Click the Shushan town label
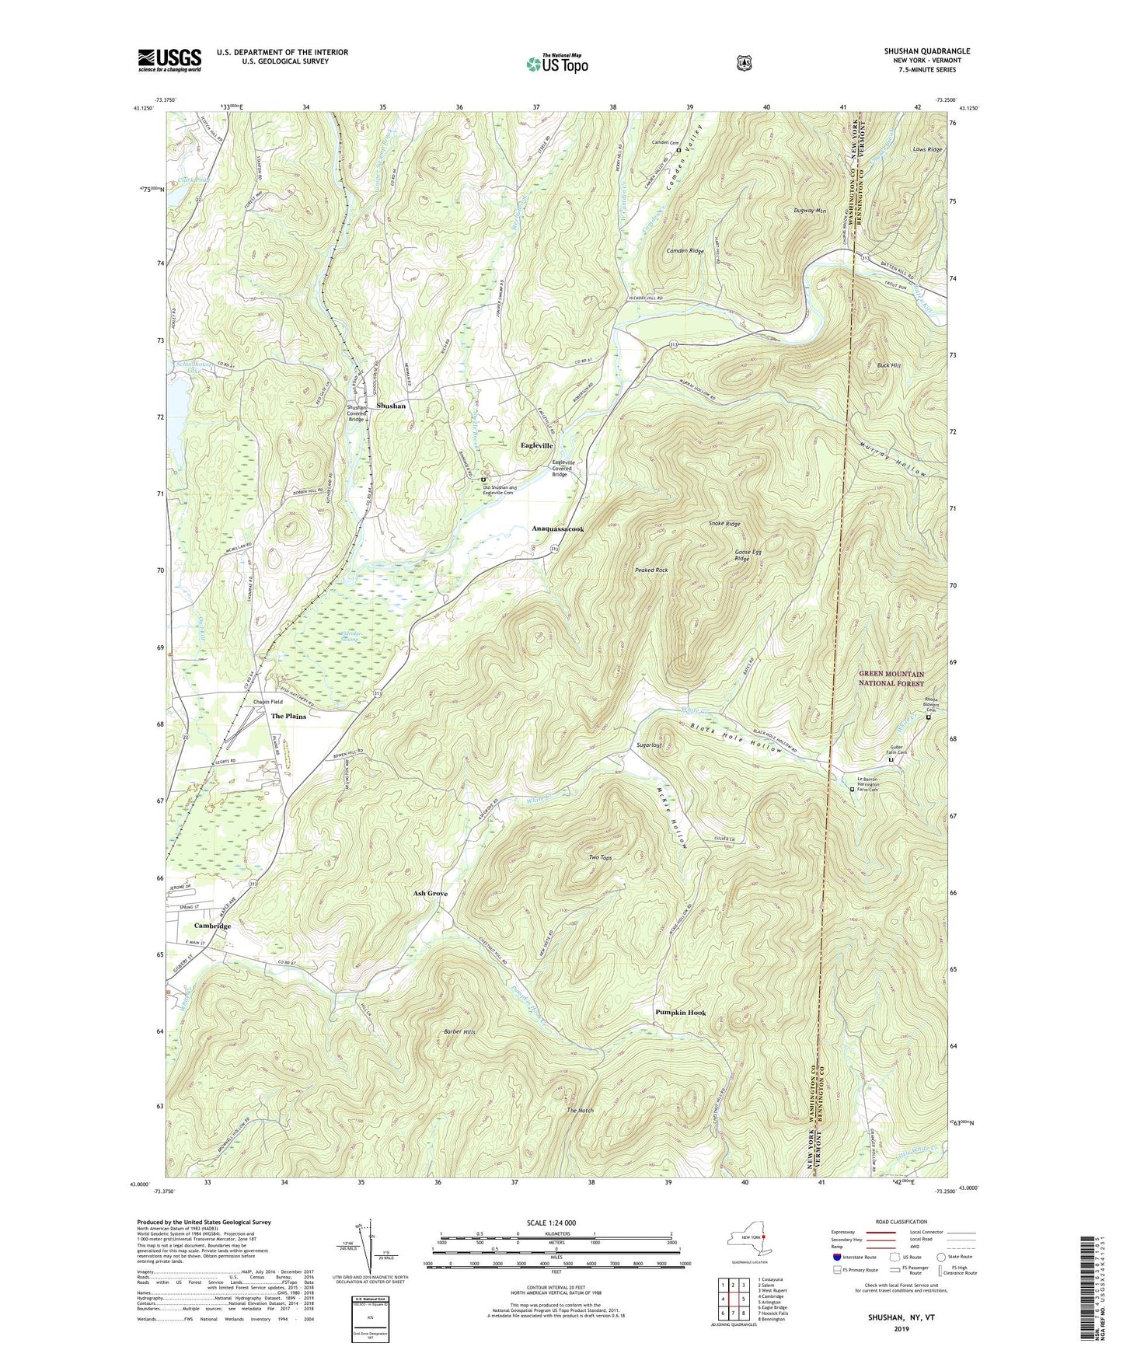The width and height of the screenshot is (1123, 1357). pos(391,406)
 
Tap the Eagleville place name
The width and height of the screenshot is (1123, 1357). pos(536,445)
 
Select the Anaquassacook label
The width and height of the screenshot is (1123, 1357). pos(557,528)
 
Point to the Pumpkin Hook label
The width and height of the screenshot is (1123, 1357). pos(680,1012)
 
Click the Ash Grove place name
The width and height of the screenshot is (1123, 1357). pos(430,893)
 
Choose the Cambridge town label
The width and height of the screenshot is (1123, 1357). pos(212,926)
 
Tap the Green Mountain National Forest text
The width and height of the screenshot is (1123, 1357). pos(891,678)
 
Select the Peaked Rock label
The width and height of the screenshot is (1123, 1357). pos(650,570)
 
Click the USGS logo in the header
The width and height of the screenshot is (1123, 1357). pos(169,60)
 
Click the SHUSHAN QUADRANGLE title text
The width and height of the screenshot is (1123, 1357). pos(926,51)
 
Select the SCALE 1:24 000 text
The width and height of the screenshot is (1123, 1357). pos(551,1223)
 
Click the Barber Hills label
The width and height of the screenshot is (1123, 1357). pos(459,1031)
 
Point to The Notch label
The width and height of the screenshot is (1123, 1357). pos(580,1111)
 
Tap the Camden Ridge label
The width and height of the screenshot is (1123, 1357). pos(685,251)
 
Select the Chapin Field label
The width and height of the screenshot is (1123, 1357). pos(268,701)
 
